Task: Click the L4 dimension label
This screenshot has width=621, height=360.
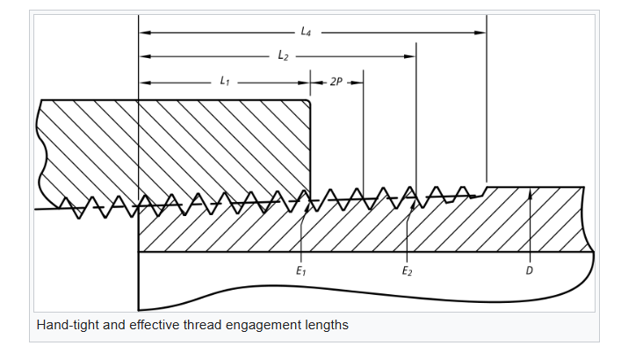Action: tap(306, 32)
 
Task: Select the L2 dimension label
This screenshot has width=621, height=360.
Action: tap(283, 56)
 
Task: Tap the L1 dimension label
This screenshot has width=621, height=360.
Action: tap(225, 82)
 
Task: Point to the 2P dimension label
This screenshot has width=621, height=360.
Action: tap(336, 82)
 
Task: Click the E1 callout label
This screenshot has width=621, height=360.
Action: tap(301, 271)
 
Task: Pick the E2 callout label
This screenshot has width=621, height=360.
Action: tap(407, 271)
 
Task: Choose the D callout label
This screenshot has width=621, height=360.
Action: tap(529, 271)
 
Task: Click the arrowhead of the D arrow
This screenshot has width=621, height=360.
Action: tap(530, 191)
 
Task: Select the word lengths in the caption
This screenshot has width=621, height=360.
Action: tap(327, 325)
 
